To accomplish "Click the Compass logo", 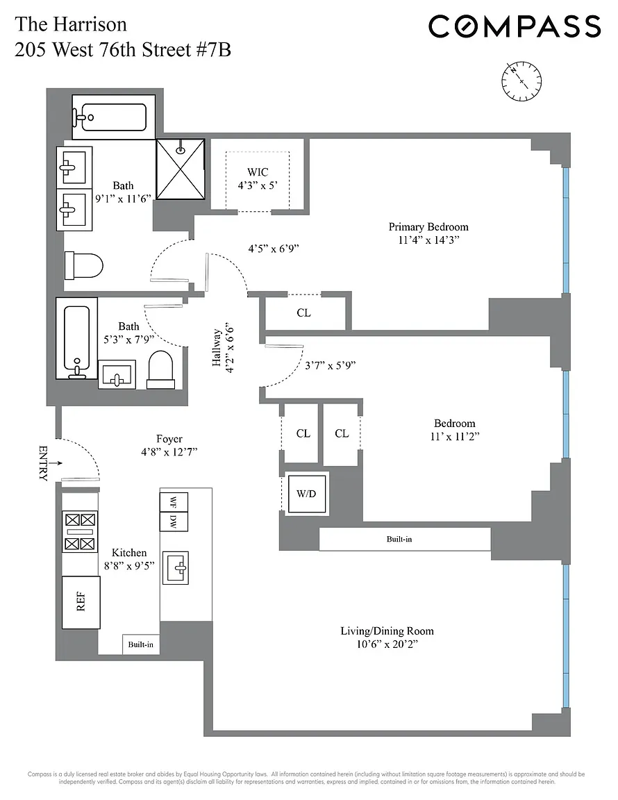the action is (x=515, y=26).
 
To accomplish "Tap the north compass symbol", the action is (x=521, y=81).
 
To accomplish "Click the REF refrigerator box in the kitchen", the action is (x=81, y=602).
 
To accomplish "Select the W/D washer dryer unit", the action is (x=306, y=493).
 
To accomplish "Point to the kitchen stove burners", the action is (x=80, y=532).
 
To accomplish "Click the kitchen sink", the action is (x=175, y=567).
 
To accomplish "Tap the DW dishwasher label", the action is (x=173, y=522).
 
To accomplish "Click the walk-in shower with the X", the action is (x=180, y=169).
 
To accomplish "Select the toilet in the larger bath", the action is (x=84, y=265).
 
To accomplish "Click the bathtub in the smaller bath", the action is (x=76, y=338).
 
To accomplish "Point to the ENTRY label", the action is (x=43, y=462).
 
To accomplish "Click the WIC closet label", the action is (x=258, y=172).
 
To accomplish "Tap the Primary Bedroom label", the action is (x=428, y=226).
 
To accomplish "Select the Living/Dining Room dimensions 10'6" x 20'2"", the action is (x=387, y=644).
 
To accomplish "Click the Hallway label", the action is (x=217, y=347).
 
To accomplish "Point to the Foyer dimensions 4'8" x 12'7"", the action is (x=169, y=451).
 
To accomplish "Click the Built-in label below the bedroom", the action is (x=399, y=539).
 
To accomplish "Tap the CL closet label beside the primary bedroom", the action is (x=303, y=312).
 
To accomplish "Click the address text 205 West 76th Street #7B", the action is (x=123, y=50).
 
